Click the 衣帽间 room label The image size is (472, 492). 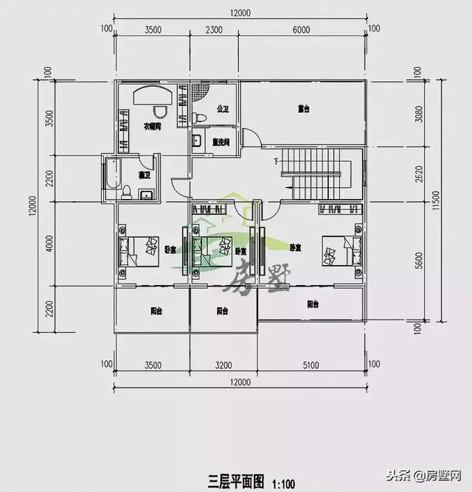(152, 127)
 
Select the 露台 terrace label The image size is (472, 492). (303, 109)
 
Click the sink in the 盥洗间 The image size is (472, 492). (197, 141)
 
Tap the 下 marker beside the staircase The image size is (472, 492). (276, 161)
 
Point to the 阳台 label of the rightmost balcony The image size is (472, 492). (313, 303)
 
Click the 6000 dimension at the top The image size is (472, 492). (300, 29)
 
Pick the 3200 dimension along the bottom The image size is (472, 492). (223, 364)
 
